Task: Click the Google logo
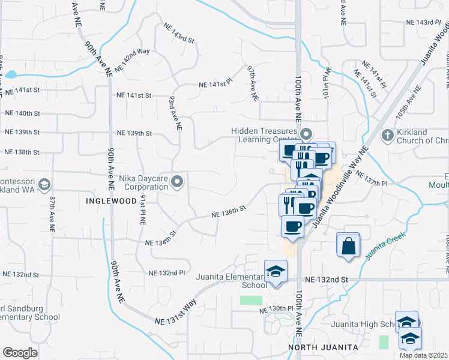click(x=20, y=353)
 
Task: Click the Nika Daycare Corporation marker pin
click(x=177, y=181)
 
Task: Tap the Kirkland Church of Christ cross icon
click(x=388, y=135)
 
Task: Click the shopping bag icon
click(x=348, y=246)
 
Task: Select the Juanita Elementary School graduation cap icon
click(x=276, y=271)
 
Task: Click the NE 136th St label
click(x=229, y=211)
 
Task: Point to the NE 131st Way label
click(x=175, y=313)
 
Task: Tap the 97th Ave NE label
click(x=253, y=83)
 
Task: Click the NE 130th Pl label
click(x=276, y=309)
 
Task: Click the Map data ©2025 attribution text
click(x=423, y=355)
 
